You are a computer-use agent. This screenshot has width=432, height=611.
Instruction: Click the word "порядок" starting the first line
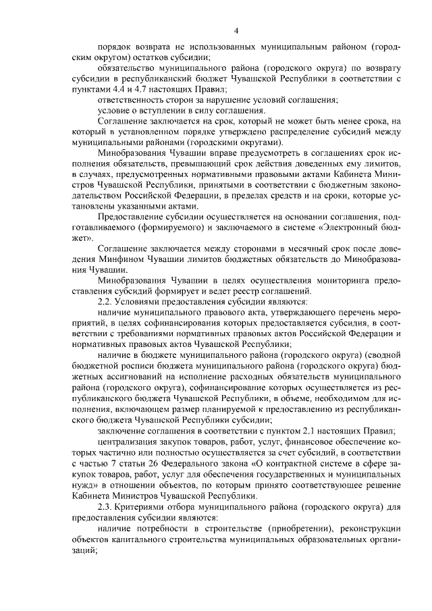point(115,49)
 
